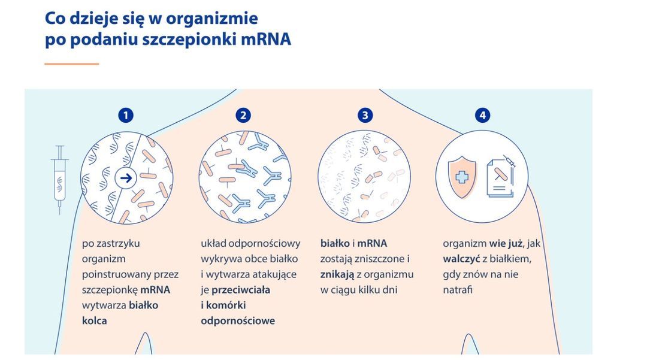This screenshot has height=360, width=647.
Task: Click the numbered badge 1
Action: point(125,116)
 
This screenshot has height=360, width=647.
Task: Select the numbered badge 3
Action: point(365,116)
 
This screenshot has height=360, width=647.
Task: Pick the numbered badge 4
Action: point(482,116)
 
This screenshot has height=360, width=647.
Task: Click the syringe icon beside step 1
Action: point(59,179)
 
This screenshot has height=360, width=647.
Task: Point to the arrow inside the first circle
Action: point(126,178)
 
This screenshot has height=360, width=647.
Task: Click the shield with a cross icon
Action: point(461,177)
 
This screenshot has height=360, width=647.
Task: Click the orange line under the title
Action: point(71,63)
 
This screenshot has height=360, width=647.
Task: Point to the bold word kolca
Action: point(95,320)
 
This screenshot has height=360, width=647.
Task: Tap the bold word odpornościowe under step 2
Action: point(238,320)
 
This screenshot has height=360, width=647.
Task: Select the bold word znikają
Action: point(337,274)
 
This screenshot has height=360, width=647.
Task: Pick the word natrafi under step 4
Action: point(458,290)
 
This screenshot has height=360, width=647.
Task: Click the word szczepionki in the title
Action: point(191,40)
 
